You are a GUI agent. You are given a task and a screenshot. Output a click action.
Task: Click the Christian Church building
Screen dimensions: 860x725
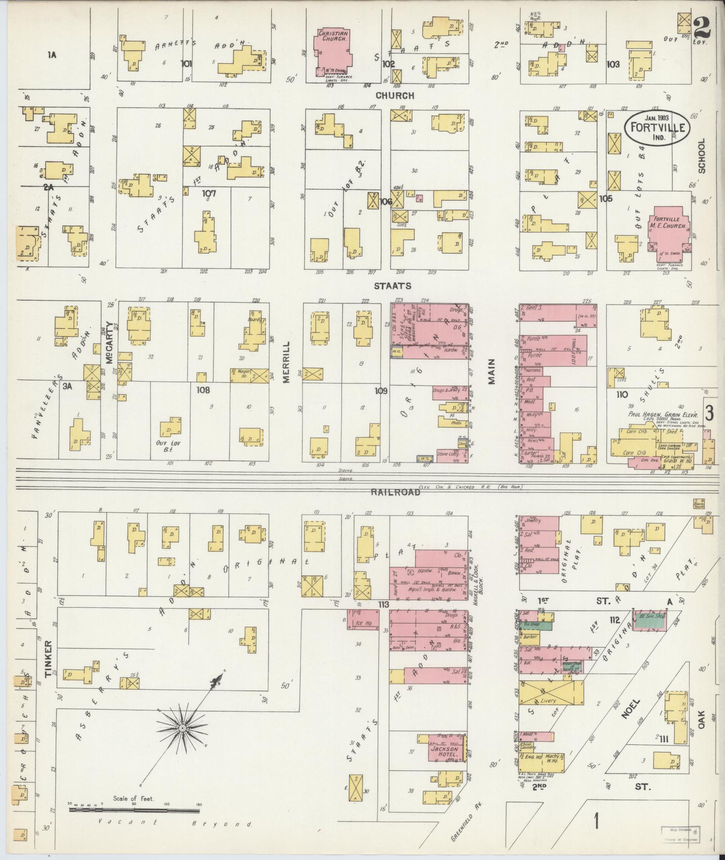(333, 52)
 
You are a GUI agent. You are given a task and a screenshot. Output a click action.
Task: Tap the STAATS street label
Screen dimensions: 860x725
(393, 285)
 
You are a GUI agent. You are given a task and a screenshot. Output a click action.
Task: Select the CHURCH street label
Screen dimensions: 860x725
(395, 95)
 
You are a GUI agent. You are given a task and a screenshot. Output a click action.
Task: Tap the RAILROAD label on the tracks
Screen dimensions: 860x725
(396, 492)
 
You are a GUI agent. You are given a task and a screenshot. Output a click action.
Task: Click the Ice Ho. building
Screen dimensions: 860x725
(363, 623)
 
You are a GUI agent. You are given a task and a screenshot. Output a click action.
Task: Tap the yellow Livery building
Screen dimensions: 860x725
(551, 699)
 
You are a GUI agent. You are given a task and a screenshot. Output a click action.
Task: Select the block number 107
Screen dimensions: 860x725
(209, 193)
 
